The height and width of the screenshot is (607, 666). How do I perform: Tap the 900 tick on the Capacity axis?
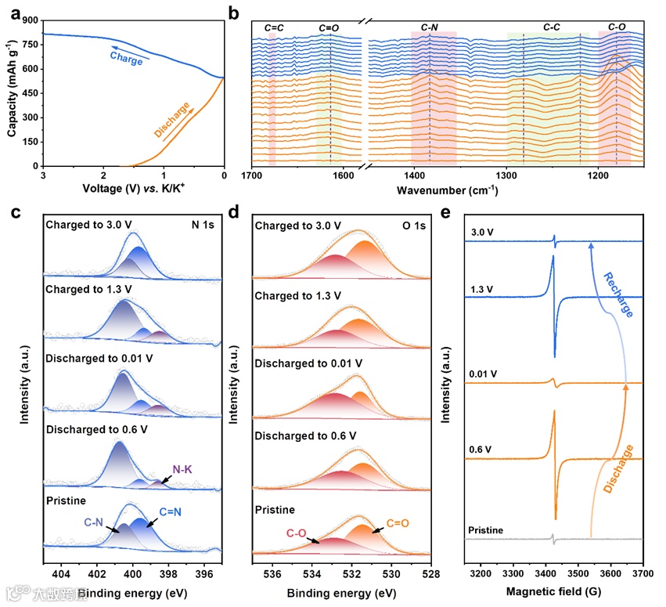pos(30,21)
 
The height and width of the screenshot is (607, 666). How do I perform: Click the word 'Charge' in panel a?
pos(126,56)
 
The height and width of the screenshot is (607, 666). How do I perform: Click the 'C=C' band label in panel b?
pos(275,28)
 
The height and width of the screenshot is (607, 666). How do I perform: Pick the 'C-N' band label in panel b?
pos(429,28)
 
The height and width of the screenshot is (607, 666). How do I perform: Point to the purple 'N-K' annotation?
pos(182,470)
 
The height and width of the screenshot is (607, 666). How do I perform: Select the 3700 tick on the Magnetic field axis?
pos(643,574)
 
